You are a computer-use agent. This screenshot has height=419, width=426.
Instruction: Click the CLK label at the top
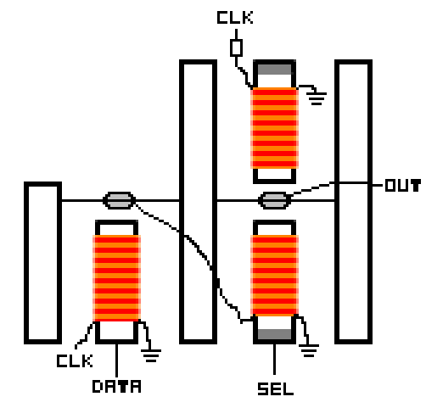tap(235, 18)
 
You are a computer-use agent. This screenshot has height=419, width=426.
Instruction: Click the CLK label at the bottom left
tap(75, 361)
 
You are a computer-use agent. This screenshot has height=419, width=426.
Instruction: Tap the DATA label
tap(116, 386)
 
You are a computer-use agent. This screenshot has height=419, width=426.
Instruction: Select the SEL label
tap(276, 388)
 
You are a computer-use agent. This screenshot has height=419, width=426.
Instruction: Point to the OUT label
tap(403, 186)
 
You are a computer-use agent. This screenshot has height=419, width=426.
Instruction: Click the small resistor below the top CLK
tap(236, 47)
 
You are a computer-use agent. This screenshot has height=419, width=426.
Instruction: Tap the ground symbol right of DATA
tap(151, 355)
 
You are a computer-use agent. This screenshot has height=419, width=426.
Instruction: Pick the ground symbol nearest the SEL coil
tap(309, 350)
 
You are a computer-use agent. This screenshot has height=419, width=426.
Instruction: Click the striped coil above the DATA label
tap(116, 278)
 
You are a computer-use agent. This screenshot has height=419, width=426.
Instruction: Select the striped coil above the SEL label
tap(274, 275)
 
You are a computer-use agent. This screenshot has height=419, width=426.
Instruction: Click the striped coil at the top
tap(274, 128)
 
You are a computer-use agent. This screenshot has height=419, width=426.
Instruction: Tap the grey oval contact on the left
tap(119, 200)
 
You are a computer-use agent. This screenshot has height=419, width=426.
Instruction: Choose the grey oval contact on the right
tap(274, 200)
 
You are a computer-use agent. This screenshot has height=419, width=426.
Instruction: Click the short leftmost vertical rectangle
tap(42, 263)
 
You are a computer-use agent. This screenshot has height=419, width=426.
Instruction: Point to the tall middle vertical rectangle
tap(198, 202)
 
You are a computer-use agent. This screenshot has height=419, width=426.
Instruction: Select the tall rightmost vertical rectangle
tap(353, 202)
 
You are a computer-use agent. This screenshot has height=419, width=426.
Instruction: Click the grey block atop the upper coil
tap(274, 70)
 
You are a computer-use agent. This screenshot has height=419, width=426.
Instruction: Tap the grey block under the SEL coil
tap(274, 334)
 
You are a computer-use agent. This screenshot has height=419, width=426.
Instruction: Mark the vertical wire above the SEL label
tap(274, 360)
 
